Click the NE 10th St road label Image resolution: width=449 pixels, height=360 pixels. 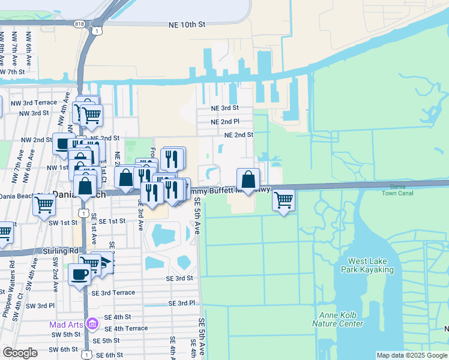(187, 25)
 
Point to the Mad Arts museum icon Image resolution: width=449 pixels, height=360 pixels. (92, 325)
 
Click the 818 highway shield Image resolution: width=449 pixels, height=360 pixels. (80, 23)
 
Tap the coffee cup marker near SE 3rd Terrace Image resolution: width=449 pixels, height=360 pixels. (80, 275)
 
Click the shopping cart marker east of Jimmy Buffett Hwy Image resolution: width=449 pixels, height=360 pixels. (283, 199)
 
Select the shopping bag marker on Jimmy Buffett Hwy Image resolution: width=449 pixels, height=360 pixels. (248, 179)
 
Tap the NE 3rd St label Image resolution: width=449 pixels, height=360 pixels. (224, 108)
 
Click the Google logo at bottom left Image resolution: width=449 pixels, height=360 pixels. (20, 353)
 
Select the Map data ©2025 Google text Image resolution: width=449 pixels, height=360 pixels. (412, 355)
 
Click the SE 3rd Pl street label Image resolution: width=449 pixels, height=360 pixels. (182, 304)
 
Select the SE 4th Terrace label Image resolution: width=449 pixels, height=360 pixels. (126, 328)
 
